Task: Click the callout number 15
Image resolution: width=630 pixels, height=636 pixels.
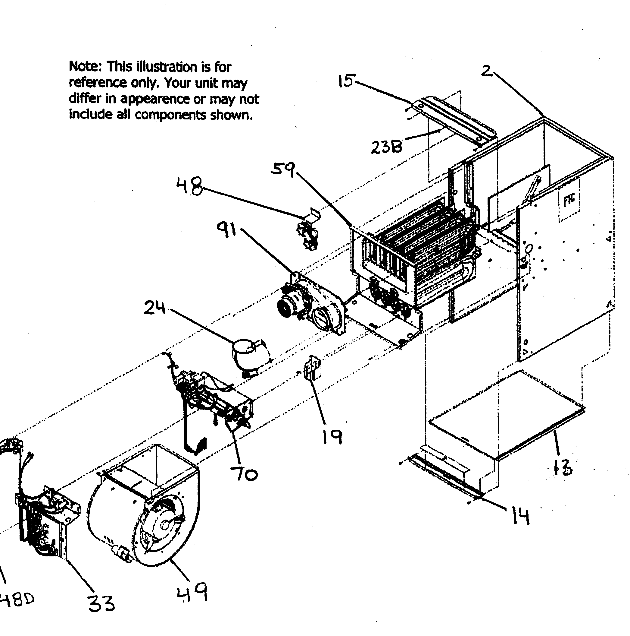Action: [x=346, y=80]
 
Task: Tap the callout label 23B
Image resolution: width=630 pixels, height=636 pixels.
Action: [x=387, y=147]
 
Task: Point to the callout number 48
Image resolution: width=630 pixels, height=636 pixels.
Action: [x=189, y=186]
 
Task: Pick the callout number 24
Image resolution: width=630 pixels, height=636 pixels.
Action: [x=155, y=308]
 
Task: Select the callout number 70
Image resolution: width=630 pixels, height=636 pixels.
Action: [x=244, y=474]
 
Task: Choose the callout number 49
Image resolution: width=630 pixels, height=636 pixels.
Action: [x=193, y=592]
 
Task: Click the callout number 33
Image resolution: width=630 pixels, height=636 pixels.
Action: [x=101, y=603]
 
